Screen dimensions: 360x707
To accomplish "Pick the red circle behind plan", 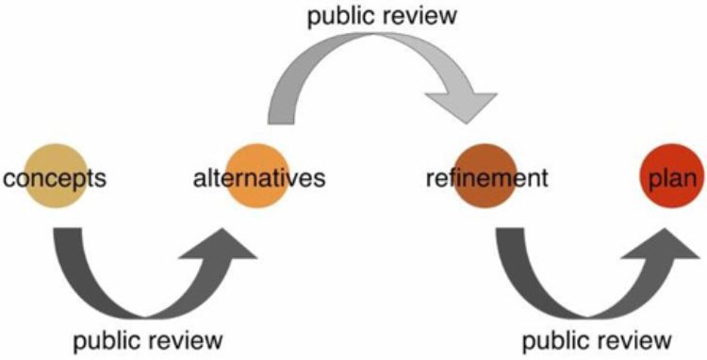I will (x=666, y=175).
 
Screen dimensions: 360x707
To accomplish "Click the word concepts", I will (x=54, y=176).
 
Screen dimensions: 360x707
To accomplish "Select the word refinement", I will (x=485, y=176).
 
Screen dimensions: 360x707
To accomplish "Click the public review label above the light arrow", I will (x=374, y=17).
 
